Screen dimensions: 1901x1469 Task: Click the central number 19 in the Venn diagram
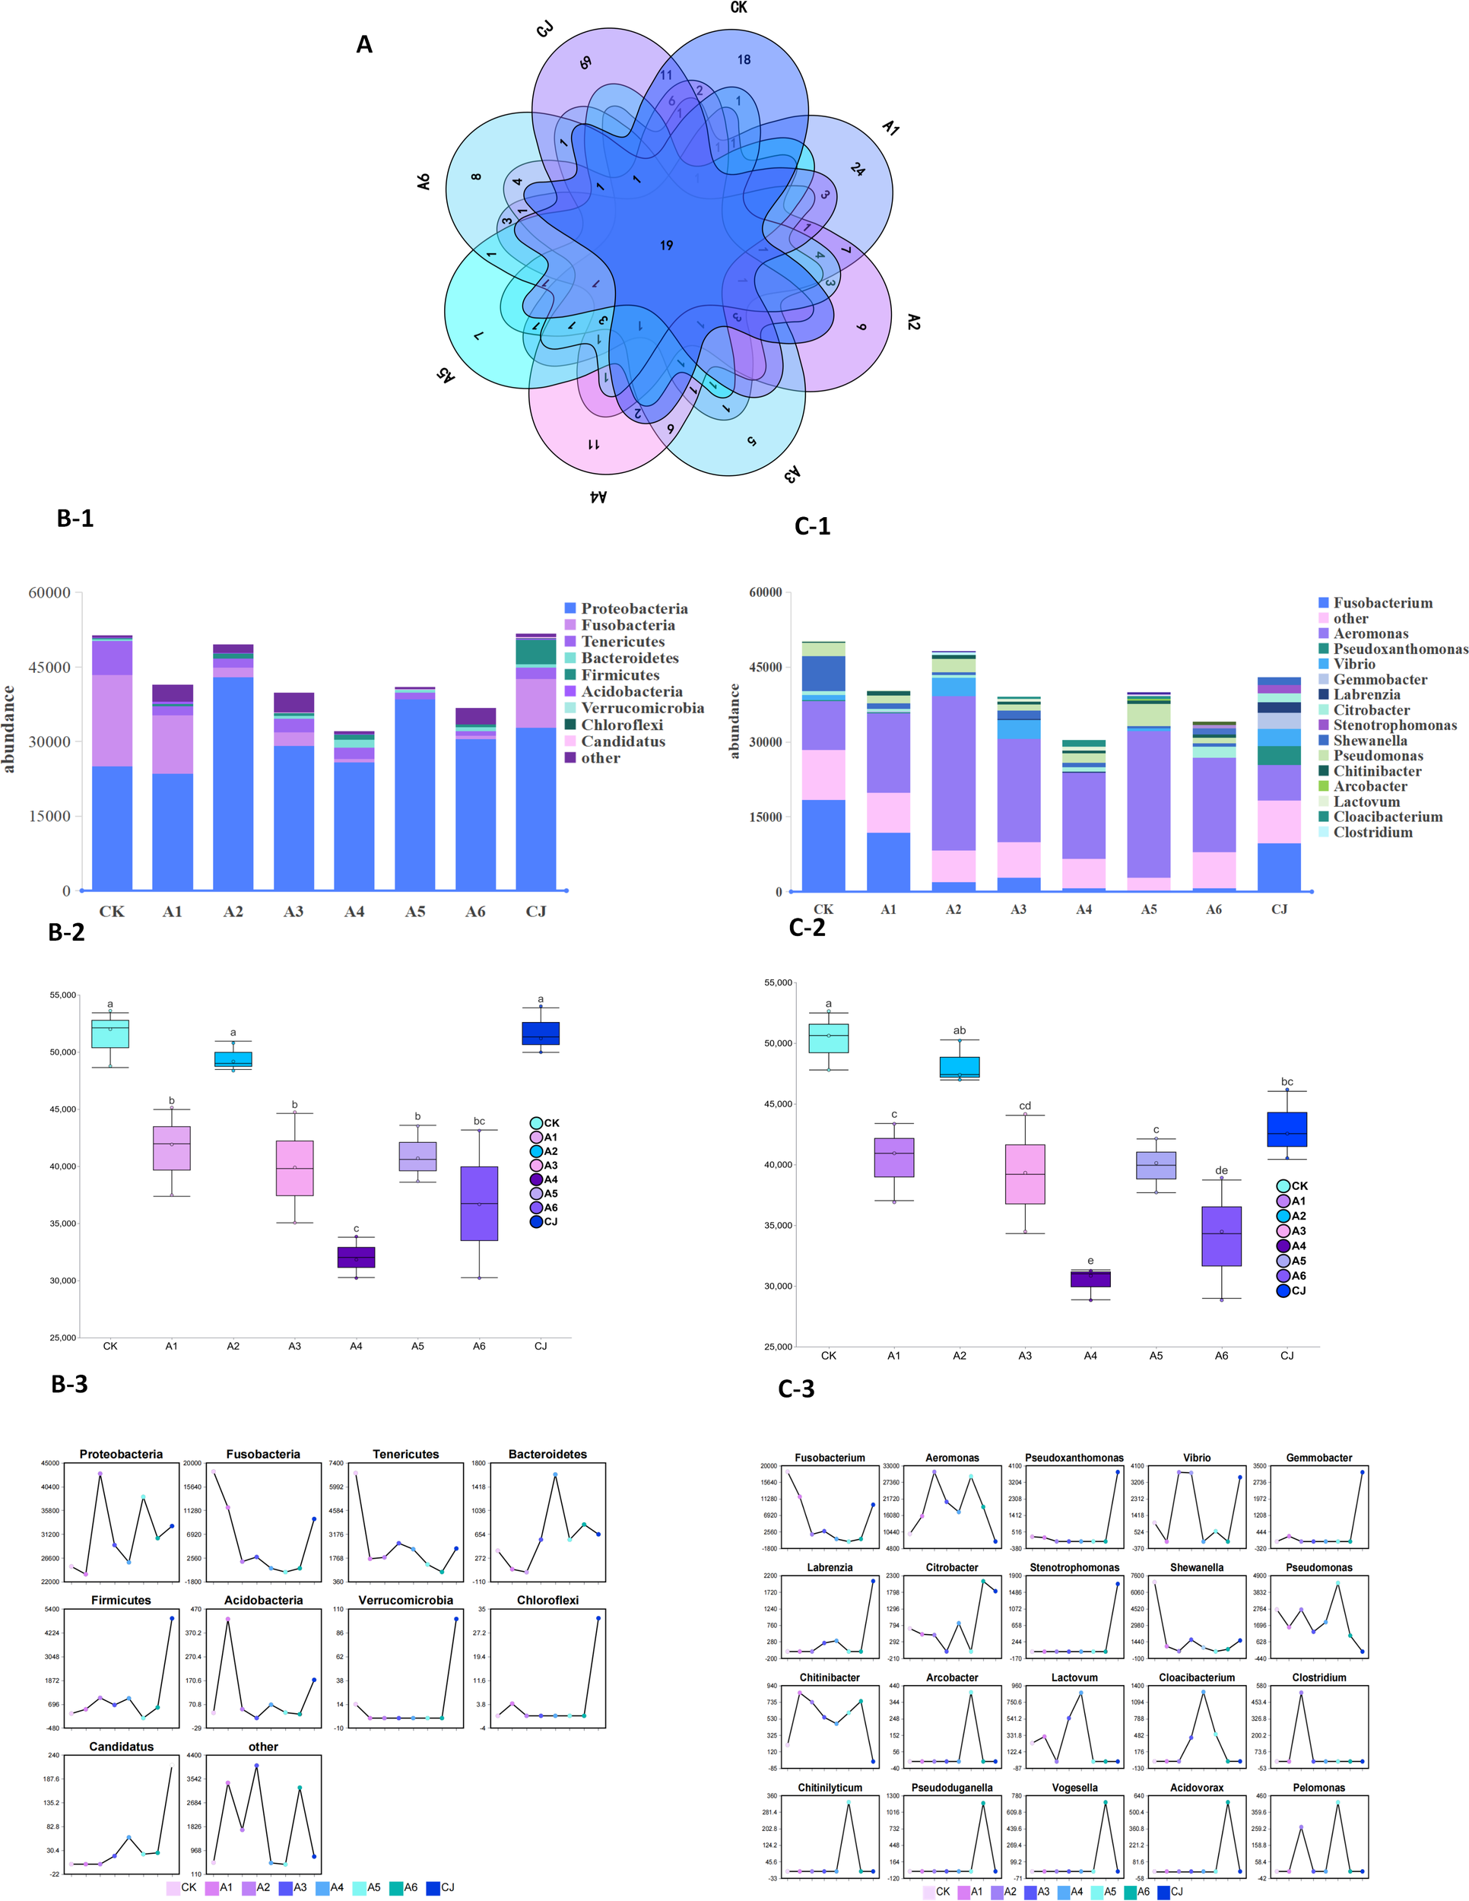pyautogui.click(x=666, y=246)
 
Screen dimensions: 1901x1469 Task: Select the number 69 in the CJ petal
pyautogui.click(x=585, y=62)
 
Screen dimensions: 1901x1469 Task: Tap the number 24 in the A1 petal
pyautogui.click(x=857, y=170)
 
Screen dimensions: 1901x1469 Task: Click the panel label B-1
pyautogui.click(x=75, y=518)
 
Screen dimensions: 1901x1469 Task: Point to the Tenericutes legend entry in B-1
pyautogui.click(x=622, y=642)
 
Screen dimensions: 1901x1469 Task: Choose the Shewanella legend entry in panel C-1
pyautogui.click(x=1370, y=741)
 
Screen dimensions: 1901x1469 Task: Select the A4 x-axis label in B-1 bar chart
pyautogui.click(x=354, y=911)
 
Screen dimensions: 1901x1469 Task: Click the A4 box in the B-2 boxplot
pyautogui.click(x=356, y=1257)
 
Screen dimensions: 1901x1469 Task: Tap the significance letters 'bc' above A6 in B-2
pyautogui.click(x=479, y=1121)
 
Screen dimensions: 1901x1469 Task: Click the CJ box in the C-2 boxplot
pyautogui.click(x=1287, y=1130)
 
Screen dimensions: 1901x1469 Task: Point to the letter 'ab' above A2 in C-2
pyautogui.click(x=959, y=1030)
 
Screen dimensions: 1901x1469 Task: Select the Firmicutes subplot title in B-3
pyautogui.click(x=121, y=1601)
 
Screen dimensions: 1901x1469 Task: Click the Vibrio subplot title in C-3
pyautogui.click(x=1197, y=1458)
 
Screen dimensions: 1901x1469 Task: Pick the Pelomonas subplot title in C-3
pyautogui.click(x=1318, y=1788)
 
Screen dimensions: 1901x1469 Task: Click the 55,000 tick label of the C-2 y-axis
pyautogui.click(x=778, y=982)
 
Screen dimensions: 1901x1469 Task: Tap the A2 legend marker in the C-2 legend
pyautogui.click(x=1283, y=1216)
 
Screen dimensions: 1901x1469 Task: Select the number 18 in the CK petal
pyautogui.click(x=744, y=60)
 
